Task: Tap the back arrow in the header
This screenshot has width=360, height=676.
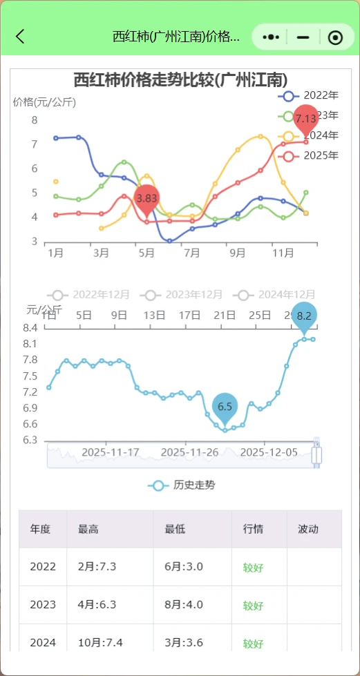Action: click(x=20, y=37)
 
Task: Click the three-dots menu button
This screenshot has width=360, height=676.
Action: click(x=272, y=37)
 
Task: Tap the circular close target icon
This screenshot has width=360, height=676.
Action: click(x=335, y=37)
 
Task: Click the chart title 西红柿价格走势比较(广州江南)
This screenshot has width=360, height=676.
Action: click(x=180, y=80)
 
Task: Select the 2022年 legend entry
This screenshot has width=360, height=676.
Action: click(x=308, y=95)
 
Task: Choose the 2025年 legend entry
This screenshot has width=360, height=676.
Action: click(x=308, y=155)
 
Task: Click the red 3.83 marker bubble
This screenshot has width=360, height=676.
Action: click(x=146, y=198)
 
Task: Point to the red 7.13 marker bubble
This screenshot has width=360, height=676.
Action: click(x=305, y=119)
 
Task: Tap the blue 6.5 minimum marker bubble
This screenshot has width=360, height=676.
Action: click(x=225, y=406)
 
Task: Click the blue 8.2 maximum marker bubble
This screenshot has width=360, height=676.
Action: click(x=304, y=316)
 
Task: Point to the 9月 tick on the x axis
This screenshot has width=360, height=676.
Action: click(x=237, y=253)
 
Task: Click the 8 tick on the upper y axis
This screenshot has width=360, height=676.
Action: click(x=34, y=120)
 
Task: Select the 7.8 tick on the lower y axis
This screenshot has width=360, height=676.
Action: click(x=30, y=360)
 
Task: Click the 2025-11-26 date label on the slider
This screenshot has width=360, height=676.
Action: click(x=189, y=452)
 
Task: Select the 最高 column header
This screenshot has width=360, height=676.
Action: click(x=88, y=530)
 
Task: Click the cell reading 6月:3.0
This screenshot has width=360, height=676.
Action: click(x=184, y=567)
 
